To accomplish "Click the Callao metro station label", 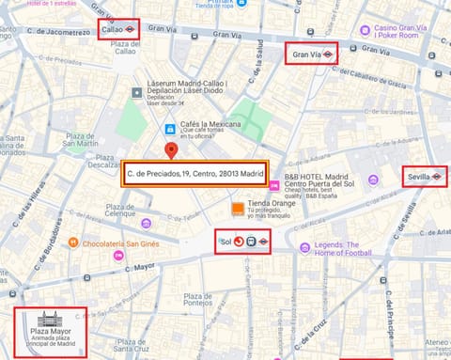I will pyautogui.click(x=119, y=30).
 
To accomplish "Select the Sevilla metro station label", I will pyautogui.click(x=424, y=177).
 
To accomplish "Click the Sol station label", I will pyautogui.click(x=242, y=242).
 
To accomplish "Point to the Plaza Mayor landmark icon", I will pyautogui.click(x=50, y=320).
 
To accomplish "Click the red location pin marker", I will pyautogui.click(x=170, y=151).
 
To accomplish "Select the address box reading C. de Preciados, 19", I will pyautogui.click(x=194, y=173).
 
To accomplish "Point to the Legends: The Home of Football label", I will pyautogui.click(x=349, y=247).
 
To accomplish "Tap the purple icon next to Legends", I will pyautogui.click(x=304, y=247).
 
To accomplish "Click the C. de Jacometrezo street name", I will pyautogui.click(x=57, y=32).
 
